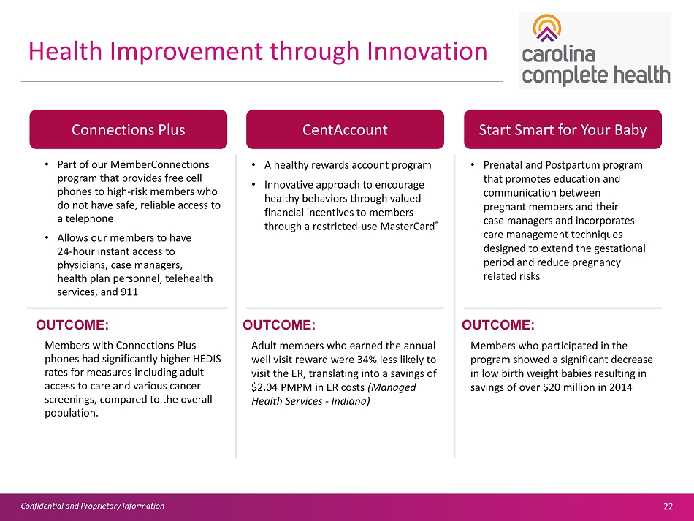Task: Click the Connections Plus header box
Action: click(x=129, y=129)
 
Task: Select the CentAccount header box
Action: click(x=345, y=129)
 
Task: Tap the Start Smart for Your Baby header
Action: click(x=563, y=129)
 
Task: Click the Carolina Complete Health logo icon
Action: click(x=547, y=28)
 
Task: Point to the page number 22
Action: click(x=668, y=506)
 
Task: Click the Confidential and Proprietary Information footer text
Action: click(x=93, y=506)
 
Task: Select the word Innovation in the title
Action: click(x=427, y=51)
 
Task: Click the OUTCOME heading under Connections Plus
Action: click(x=72, y=325)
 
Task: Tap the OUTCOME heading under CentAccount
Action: click(x=279, y=325)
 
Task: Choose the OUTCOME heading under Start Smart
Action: click(x=498, y=325)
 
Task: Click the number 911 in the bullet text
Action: click(x=129, y=292)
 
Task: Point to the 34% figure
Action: click(x=366, y=360)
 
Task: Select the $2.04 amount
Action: click(x=264, y=387)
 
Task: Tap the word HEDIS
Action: click(x=207, y=359)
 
